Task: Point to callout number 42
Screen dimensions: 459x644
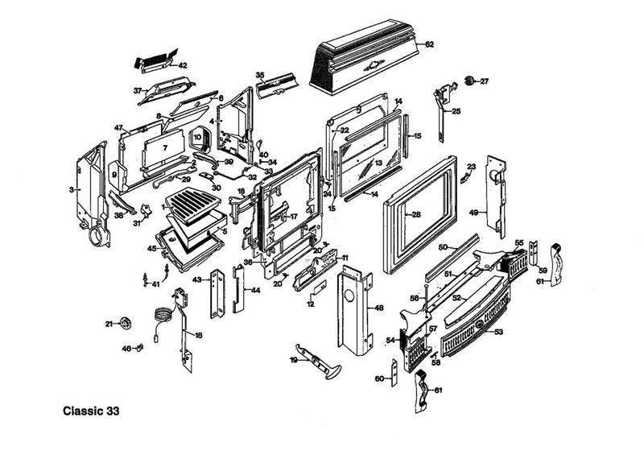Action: (x=183, y=65)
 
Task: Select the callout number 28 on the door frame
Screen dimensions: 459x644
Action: (x=415, y=215)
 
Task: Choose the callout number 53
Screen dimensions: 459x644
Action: (x=498, y=332)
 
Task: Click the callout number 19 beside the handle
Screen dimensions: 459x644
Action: (x=294, y=362)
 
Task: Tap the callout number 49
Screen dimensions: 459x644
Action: (x=474, y=212)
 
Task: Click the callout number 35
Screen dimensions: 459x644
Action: (x=260, y=75)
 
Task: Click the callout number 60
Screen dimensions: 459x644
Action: (x=379, y=378)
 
